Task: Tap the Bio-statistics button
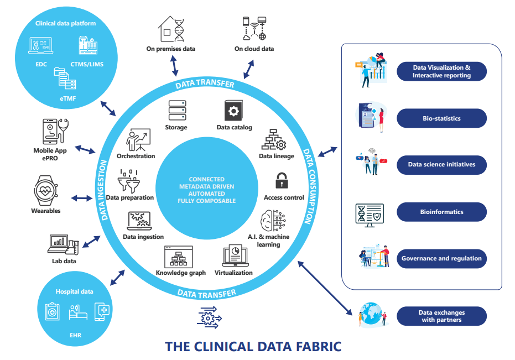click(x=441, y=118)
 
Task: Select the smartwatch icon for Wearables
click(x=46, y=190)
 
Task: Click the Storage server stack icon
click(x=176, y=111)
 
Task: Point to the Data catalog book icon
click(x=233, y=111)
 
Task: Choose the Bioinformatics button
click(x=441, y=212)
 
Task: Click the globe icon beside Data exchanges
click(x=368, y=313)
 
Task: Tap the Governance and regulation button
click(x=441, y=258)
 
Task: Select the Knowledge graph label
click(x=181, y=273)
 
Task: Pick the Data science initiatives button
click(x=441, y=165)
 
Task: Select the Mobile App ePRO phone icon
click(x=51, y=131)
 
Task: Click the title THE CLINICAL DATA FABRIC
click(x=253, y=347)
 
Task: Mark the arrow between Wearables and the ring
click(x=81, y=198)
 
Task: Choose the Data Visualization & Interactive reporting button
click(x=441, y=72)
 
